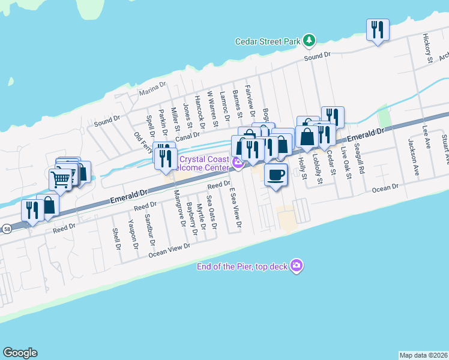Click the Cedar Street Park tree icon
[x=309, y=41]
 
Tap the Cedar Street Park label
[x=267, y=42]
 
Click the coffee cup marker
[x=276, y=175]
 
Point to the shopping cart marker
[x=60, y=178]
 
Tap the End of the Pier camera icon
[x=295, y=265]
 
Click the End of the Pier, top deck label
[x=243, y=266]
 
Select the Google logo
[x=20, y=353]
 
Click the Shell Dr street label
[x=117, y=239]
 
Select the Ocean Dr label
[x=385, y=188]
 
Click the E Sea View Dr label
[x=235, y=207]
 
